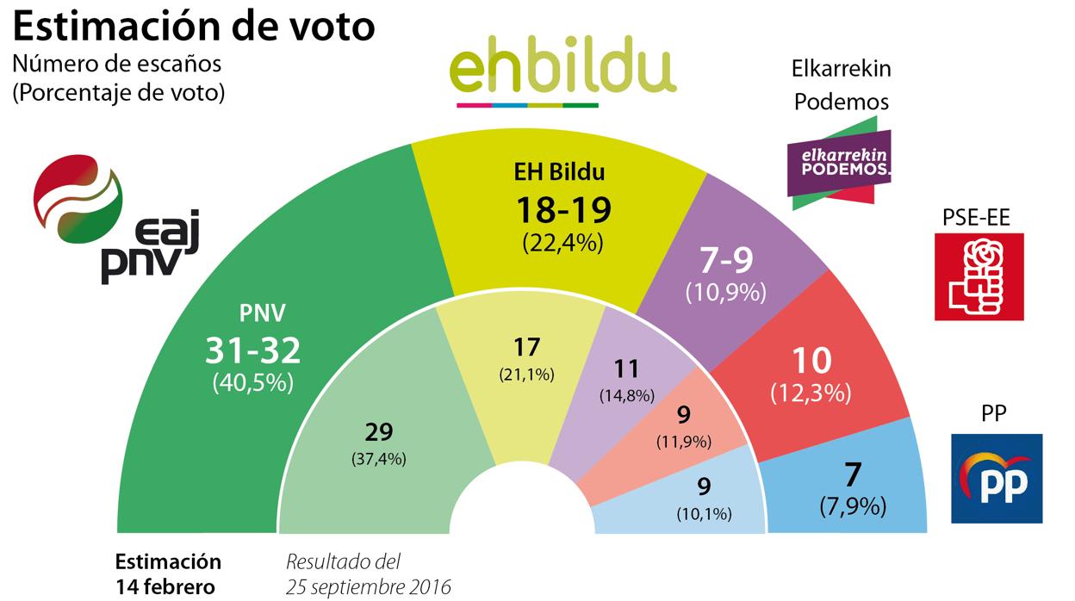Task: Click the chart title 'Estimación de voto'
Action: (193, 25)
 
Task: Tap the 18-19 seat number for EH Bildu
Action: (562, 208)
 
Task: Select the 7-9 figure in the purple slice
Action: (725, 261)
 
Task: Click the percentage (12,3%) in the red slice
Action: (811, 393)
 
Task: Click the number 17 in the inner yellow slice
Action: (525, 348)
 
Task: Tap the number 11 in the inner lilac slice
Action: (626, 369)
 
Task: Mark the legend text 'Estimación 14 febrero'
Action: (168, 573)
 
